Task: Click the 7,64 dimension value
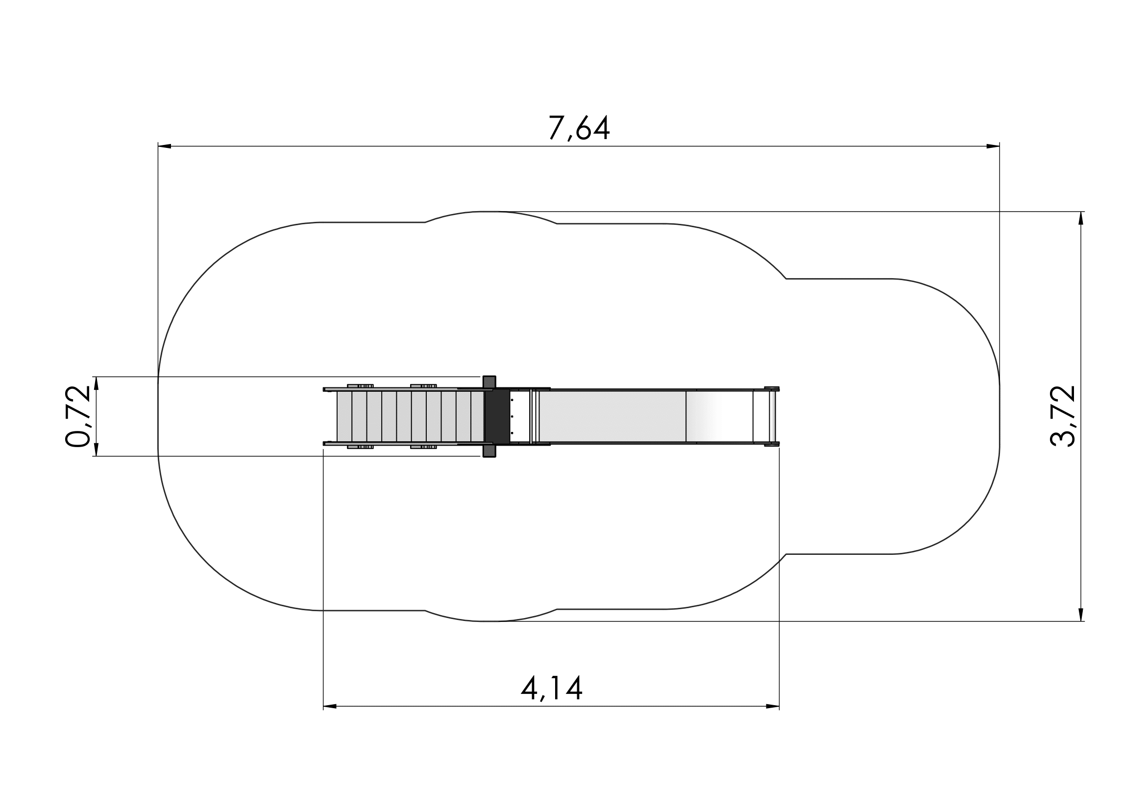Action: tap(579, 128)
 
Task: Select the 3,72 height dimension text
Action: tap(1063, 416)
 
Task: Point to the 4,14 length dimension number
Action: tap(552, 689)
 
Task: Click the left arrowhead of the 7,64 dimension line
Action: tap(165, 146)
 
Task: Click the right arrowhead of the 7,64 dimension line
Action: tap(993, 146)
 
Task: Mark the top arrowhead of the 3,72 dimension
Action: tap(1081, 218)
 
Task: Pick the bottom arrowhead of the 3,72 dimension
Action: tap(1081, 615)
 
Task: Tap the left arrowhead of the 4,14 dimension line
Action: tap(330, 706)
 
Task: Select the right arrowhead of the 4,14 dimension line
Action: tap(773, 706)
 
